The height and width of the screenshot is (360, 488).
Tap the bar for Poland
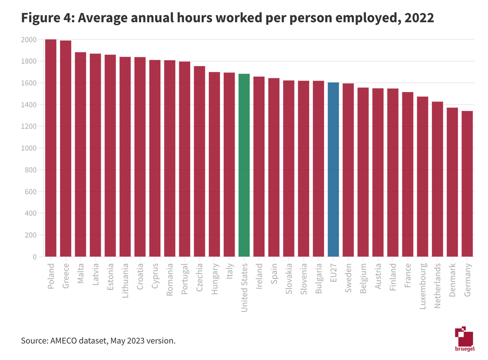pyautogui.click(x=51, y=148)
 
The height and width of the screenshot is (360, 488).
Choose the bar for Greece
pyautogui.click(x=65, y=148)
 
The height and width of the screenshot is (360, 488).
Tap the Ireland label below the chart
pyautogui.click(x=259, y=276)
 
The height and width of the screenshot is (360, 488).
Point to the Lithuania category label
pyautogui.click(x=125, y=281)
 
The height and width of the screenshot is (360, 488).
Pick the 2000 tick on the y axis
pyautogui.click(x=29, y=40)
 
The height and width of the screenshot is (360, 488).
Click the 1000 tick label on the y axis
pyautogui.click(x=29, y=148)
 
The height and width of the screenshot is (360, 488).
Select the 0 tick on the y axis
pyautogui.click(x=34, y=257)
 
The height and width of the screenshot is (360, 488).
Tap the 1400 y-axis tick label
pyautogui.click(x=29, y=105)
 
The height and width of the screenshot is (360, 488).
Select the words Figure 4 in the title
pyautogui.click(x=45, y=19)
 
